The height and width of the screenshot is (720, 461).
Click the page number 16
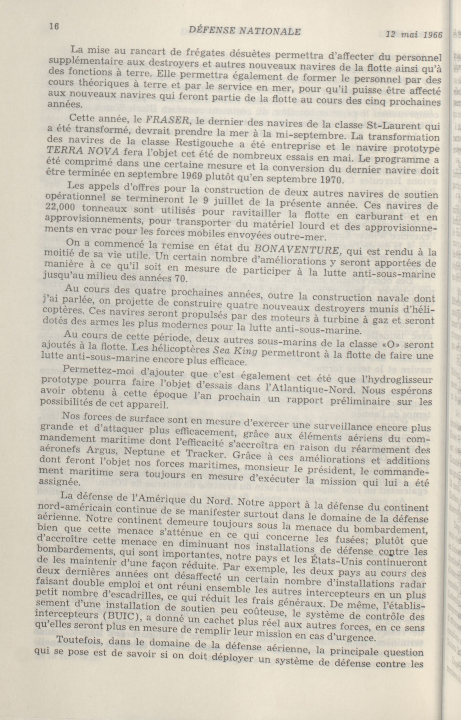tap(54, 26)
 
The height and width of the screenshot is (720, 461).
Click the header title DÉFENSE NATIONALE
tap(245, 31)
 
